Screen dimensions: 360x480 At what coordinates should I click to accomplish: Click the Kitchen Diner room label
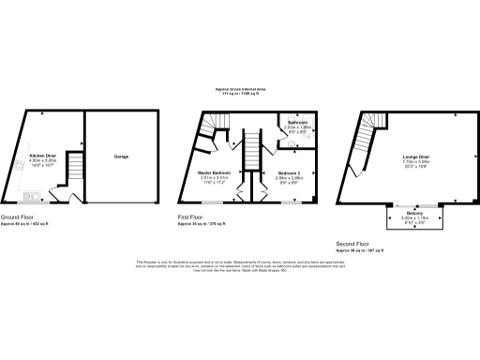(x=42, y=156)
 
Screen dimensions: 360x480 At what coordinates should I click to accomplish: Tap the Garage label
(x=122, y=156)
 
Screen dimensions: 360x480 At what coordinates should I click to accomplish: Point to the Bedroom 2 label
(x=290, y=173)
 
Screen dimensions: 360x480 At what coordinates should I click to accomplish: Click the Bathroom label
(x=298, y=123)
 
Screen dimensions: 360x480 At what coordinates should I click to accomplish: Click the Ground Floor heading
(x=32, y=217)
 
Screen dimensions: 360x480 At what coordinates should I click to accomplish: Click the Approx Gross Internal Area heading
(x=240, y=89)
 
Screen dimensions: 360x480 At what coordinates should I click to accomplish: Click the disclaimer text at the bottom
(x=240, y=267)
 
